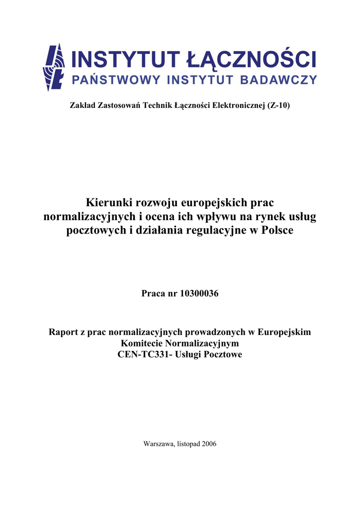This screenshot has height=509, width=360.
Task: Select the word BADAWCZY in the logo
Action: (281, 80)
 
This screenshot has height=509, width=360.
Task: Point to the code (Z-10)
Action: (282, 106)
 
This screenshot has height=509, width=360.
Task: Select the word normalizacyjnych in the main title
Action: (89, 217)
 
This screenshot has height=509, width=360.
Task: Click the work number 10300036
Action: (196, 294)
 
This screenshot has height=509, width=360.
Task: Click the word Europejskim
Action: (285, 332)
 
